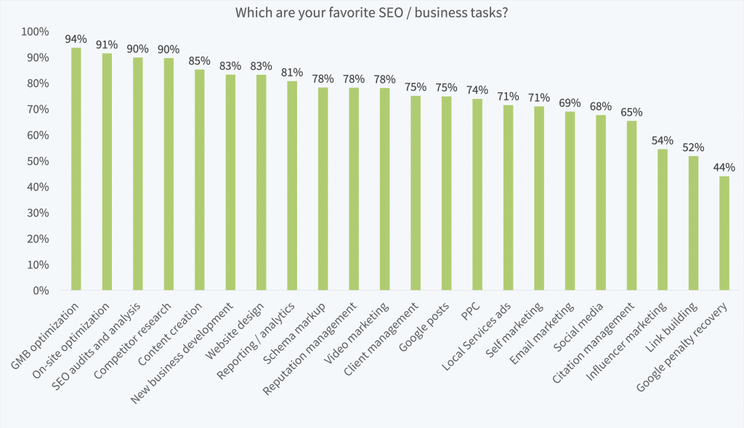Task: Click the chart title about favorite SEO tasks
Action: coord(372,13)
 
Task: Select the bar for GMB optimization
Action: coord(76,169)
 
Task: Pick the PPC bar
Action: coord(477,194)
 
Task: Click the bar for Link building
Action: coord(693,223)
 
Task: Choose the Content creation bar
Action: coord(200,179)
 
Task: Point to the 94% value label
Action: coord(76,39)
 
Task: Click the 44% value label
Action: coord(724,167)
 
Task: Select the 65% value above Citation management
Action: coord(631,113)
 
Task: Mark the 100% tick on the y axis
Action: coord(35,32)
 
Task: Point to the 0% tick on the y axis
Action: coord(41,291)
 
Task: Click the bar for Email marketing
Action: coord(570,201)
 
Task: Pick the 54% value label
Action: coord(662,140)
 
